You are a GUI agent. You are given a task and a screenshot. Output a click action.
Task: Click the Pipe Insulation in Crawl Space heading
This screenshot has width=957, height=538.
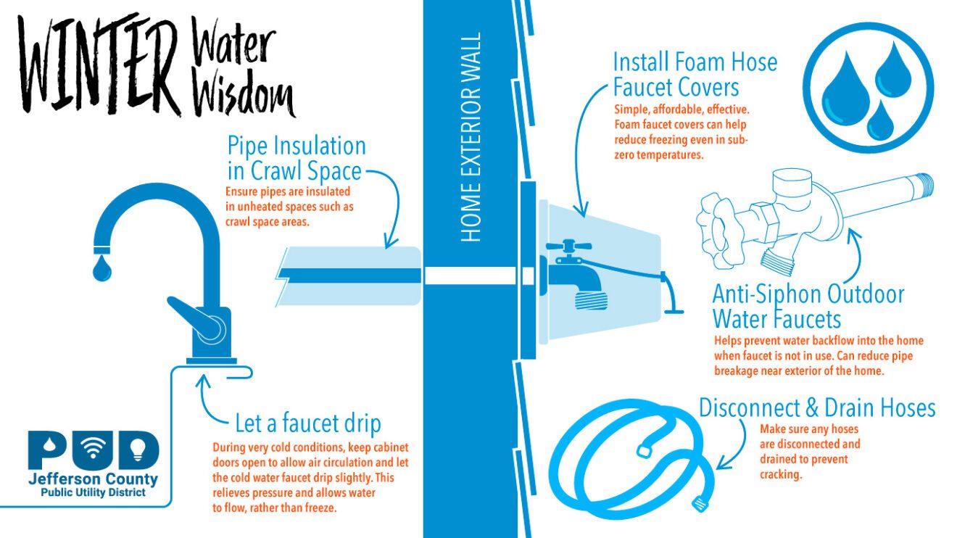pos(296,158)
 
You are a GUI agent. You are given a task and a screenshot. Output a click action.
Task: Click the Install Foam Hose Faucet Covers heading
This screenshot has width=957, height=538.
pos(694,74)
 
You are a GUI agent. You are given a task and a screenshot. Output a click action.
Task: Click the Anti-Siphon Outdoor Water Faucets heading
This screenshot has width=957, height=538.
pos(808,306)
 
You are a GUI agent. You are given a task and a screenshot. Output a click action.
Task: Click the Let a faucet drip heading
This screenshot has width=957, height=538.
pos(308,423)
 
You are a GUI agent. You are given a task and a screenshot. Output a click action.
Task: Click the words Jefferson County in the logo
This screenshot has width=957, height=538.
pos(92,479)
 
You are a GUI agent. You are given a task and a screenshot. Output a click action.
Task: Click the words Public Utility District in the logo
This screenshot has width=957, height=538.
pos(92,493)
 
